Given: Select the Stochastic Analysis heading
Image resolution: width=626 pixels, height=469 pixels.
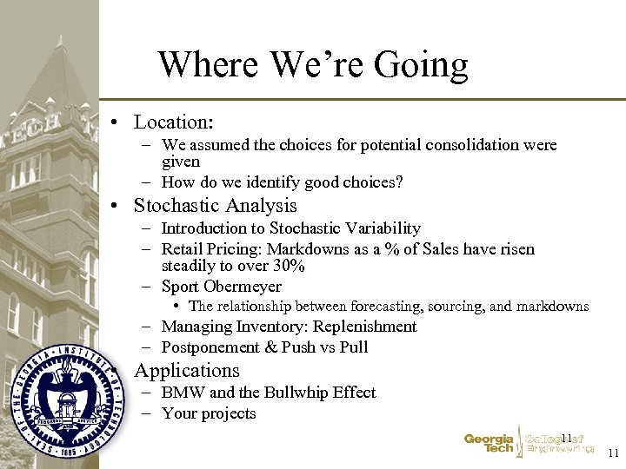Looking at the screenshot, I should (x=215, y=206).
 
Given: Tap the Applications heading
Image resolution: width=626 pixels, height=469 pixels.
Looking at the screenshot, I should (x=186, y=371).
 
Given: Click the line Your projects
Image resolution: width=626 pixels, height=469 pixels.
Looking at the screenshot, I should (x=209, y=413).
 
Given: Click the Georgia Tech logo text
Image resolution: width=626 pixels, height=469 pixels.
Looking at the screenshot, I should (x=488, y=444).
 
